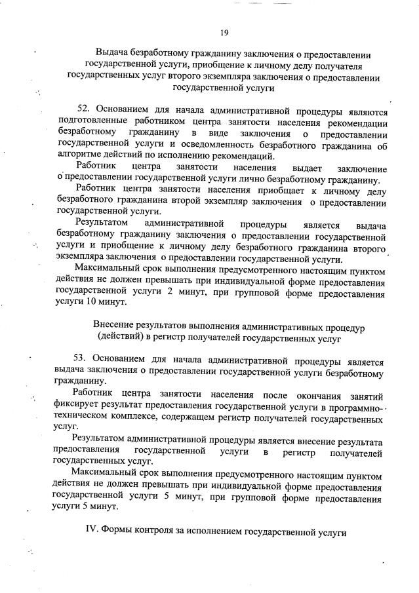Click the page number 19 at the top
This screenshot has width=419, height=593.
coord(224,31)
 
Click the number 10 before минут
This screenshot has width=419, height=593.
coord(89,303)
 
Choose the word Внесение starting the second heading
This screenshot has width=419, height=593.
coord(115,326)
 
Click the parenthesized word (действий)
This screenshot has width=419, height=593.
coord(123,337)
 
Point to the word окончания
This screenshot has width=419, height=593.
coord(313,395)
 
